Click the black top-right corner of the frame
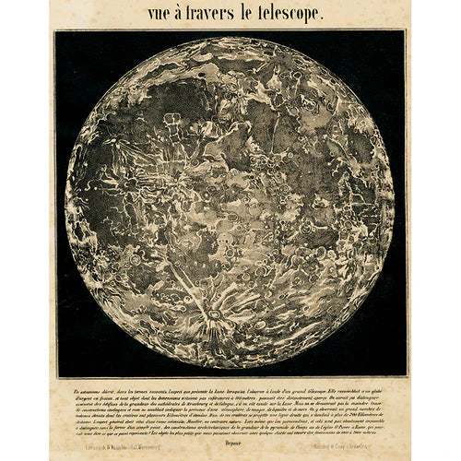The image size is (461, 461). click(x=400, y=36)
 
